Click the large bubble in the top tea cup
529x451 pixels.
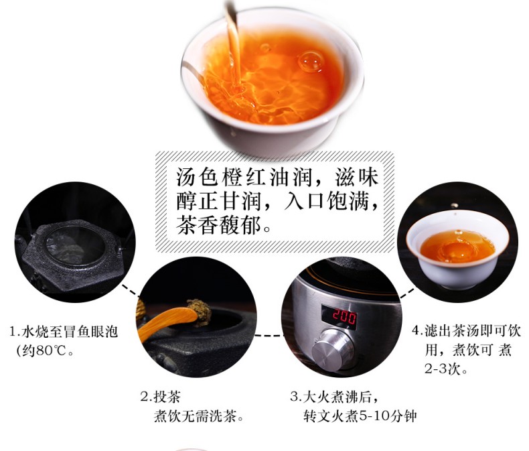tap(311, 61)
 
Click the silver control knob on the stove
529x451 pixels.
tap(333, 350)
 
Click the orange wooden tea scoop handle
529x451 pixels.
tap(167, 322)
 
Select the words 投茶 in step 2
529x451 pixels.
tap(167, 396)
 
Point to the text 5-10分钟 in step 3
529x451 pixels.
tap(387, 416)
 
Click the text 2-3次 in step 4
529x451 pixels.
tap(442, 369)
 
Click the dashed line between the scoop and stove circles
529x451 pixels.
tap(269, 336)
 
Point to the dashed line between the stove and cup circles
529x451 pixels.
tap(407, 293)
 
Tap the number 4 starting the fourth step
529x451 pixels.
tap(415, 331)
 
